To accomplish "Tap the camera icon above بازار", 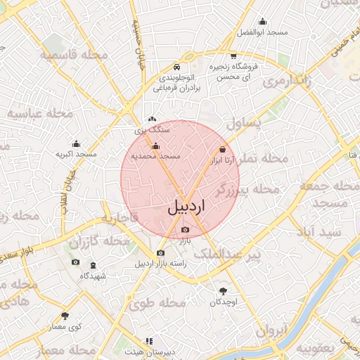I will click(185, 230).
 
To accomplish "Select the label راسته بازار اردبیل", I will click(161, 264).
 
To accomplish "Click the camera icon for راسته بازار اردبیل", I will click(161, 252).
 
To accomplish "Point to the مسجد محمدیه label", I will click(156, 155).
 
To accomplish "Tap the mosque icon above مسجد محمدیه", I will click(156, 146).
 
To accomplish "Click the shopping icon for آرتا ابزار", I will click(223, 150).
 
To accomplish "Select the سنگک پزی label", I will click(153, 130).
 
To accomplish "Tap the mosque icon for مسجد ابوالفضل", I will click(262, 22).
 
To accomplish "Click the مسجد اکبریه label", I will click(76, 153).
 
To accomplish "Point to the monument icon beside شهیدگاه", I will click(94, 264).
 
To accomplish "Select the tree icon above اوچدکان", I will click(224, 291).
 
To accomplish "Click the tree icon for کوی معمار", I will click(65, 316).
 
